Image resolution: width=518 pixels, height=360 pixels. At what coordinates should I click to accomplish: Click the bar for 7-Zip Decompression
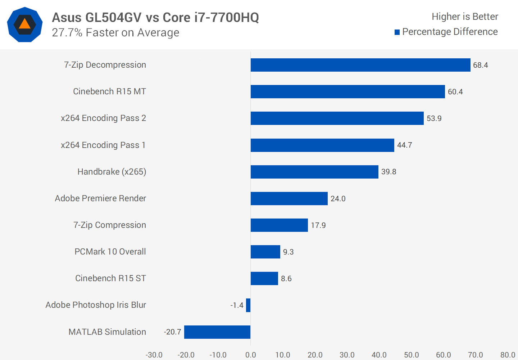[x=360, y=65]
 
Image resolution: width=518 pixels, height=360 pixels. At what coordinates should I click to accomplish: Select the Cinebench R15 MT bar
[x=347, y=92]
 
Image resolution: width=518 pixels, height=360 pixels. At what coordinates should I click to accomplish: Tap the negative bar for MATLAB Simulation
[x=217, y=332]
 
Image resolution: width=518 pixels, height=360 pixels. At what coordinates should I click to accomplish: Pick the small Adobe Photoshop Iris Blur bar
[x=248, y=305]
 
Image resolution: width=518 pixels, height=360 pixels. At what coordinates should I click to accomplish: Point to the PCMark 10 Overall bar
[x=265, y=252]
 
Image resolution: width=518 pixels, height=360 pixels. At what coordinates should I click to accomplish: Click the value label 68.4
[x=480, y=65]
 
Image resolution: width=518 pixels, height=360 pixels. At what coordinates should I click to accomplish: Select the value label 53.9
[x=434, y=118]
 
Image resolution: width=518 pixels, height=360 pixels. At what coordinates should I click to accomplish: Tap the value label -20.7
[x=173, y=332]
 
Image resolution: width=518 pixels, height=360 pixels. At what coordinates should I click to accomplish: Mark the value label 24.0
[x=338, y=199]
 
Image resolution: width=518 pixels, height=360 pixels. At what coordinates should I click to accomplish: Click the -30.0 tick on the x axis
[x=154, y=355]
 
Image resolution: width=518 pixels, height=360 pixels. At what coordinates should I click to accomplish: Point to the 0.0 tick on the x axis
[x=250, y=355]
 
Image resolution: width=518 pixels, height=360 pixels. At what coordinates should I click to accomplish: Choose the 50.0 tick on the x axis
[x=411, y=355]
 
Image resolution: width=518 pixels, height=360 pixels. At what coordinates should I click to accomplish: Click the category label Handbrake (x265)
[x=112, y=172]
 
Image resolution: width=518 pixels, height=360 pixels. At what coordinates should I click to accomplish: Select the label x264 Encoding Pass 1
[x=103, y=145]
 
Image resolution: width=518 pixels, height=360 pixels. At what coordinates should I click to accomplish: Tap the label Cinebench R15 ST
[x=110, y=278]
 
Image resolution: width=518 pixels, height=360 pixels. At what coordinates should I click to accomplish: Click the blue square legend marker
[x=397, y=32]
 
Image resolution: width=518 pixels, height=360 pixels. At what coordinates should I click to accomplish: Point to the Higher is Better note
[x=465, y=17]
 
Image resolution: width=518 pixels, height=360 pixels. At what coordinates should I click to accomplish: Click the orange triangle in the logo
[x=24, y=24]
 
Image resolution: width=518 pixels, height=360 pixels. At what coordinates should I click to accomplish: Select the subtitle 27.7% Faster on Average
[x=115, y=33]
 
